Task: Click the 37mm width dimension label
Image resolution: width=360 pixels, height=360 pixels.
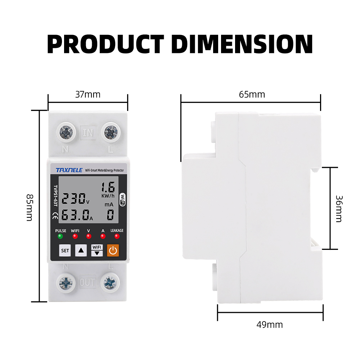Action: [88, 95]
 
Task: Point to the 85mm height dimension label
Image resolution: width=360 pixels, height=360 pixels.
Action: [30, 208]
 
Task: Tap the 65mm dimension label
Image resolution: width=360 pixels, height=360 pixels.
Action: [252, 95]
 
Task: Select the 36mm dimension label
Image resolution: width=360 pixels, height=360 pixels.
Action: [339, 209]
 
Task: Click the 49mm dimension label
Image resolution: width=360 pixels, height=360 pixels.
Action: [270, 325]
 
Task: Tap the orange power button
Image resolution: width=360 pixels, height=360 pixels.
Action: [113, 250]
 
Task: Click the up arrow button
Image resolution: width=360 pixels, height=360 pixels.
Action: [81, 250]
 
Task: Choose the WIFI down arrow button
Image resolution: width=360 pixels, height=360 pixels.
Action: [97, 250]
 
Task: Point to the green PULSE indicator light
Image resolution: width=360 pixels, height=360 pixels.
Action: [60, 236]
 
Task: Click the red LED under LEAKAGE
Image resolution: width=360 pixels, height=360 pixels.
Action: [117, 236]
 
